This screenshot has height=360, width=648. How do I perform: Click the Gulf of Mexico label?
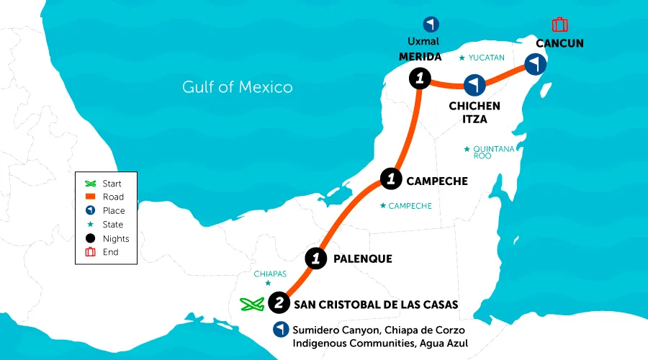click(237, 87)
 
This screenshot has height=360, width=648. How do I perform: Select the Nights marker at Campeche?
click(390, 178)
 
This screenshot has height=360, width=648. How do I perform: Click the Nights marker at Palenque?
click(315, 258)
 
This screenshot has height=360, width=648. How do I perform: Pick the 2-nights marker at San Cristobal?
click(279, 303)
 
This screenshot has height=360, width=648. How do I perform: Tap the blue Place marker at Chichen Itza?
click(473, 86)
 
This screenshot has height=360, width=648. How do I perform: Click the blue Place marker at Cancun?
click(534, 65)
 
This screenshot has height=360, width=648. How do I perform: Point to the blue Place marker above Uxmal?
click(431, 24)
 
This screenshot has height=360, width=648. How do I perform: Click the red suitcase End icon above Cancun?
click(559, 24)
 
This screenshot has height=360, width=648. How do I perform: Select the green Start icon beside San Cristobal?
click(251, 305)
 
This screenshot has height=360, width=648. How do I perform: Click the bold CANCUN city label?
click(559, 43)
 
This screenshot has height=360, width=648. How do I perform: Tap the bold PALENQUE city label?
click(363, 258)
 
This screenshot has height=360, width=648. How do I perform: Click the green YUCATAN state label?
click(486, 57)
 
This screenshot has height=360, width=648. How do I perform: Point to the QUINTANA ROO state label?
click(493, 152)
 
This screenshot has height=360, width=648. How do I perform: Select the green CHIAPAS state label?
click(270, 274)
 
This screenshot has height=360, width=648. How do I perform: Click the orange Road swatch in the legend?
click(91, 197)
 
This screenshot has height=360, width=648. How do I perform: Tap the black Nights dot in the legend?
click(91, 238)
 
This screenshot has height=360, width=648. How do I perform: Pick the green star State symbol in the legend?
click(91, 225)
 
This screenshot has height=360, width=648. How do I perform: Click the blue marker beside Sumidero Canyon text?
click(279, 330)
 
